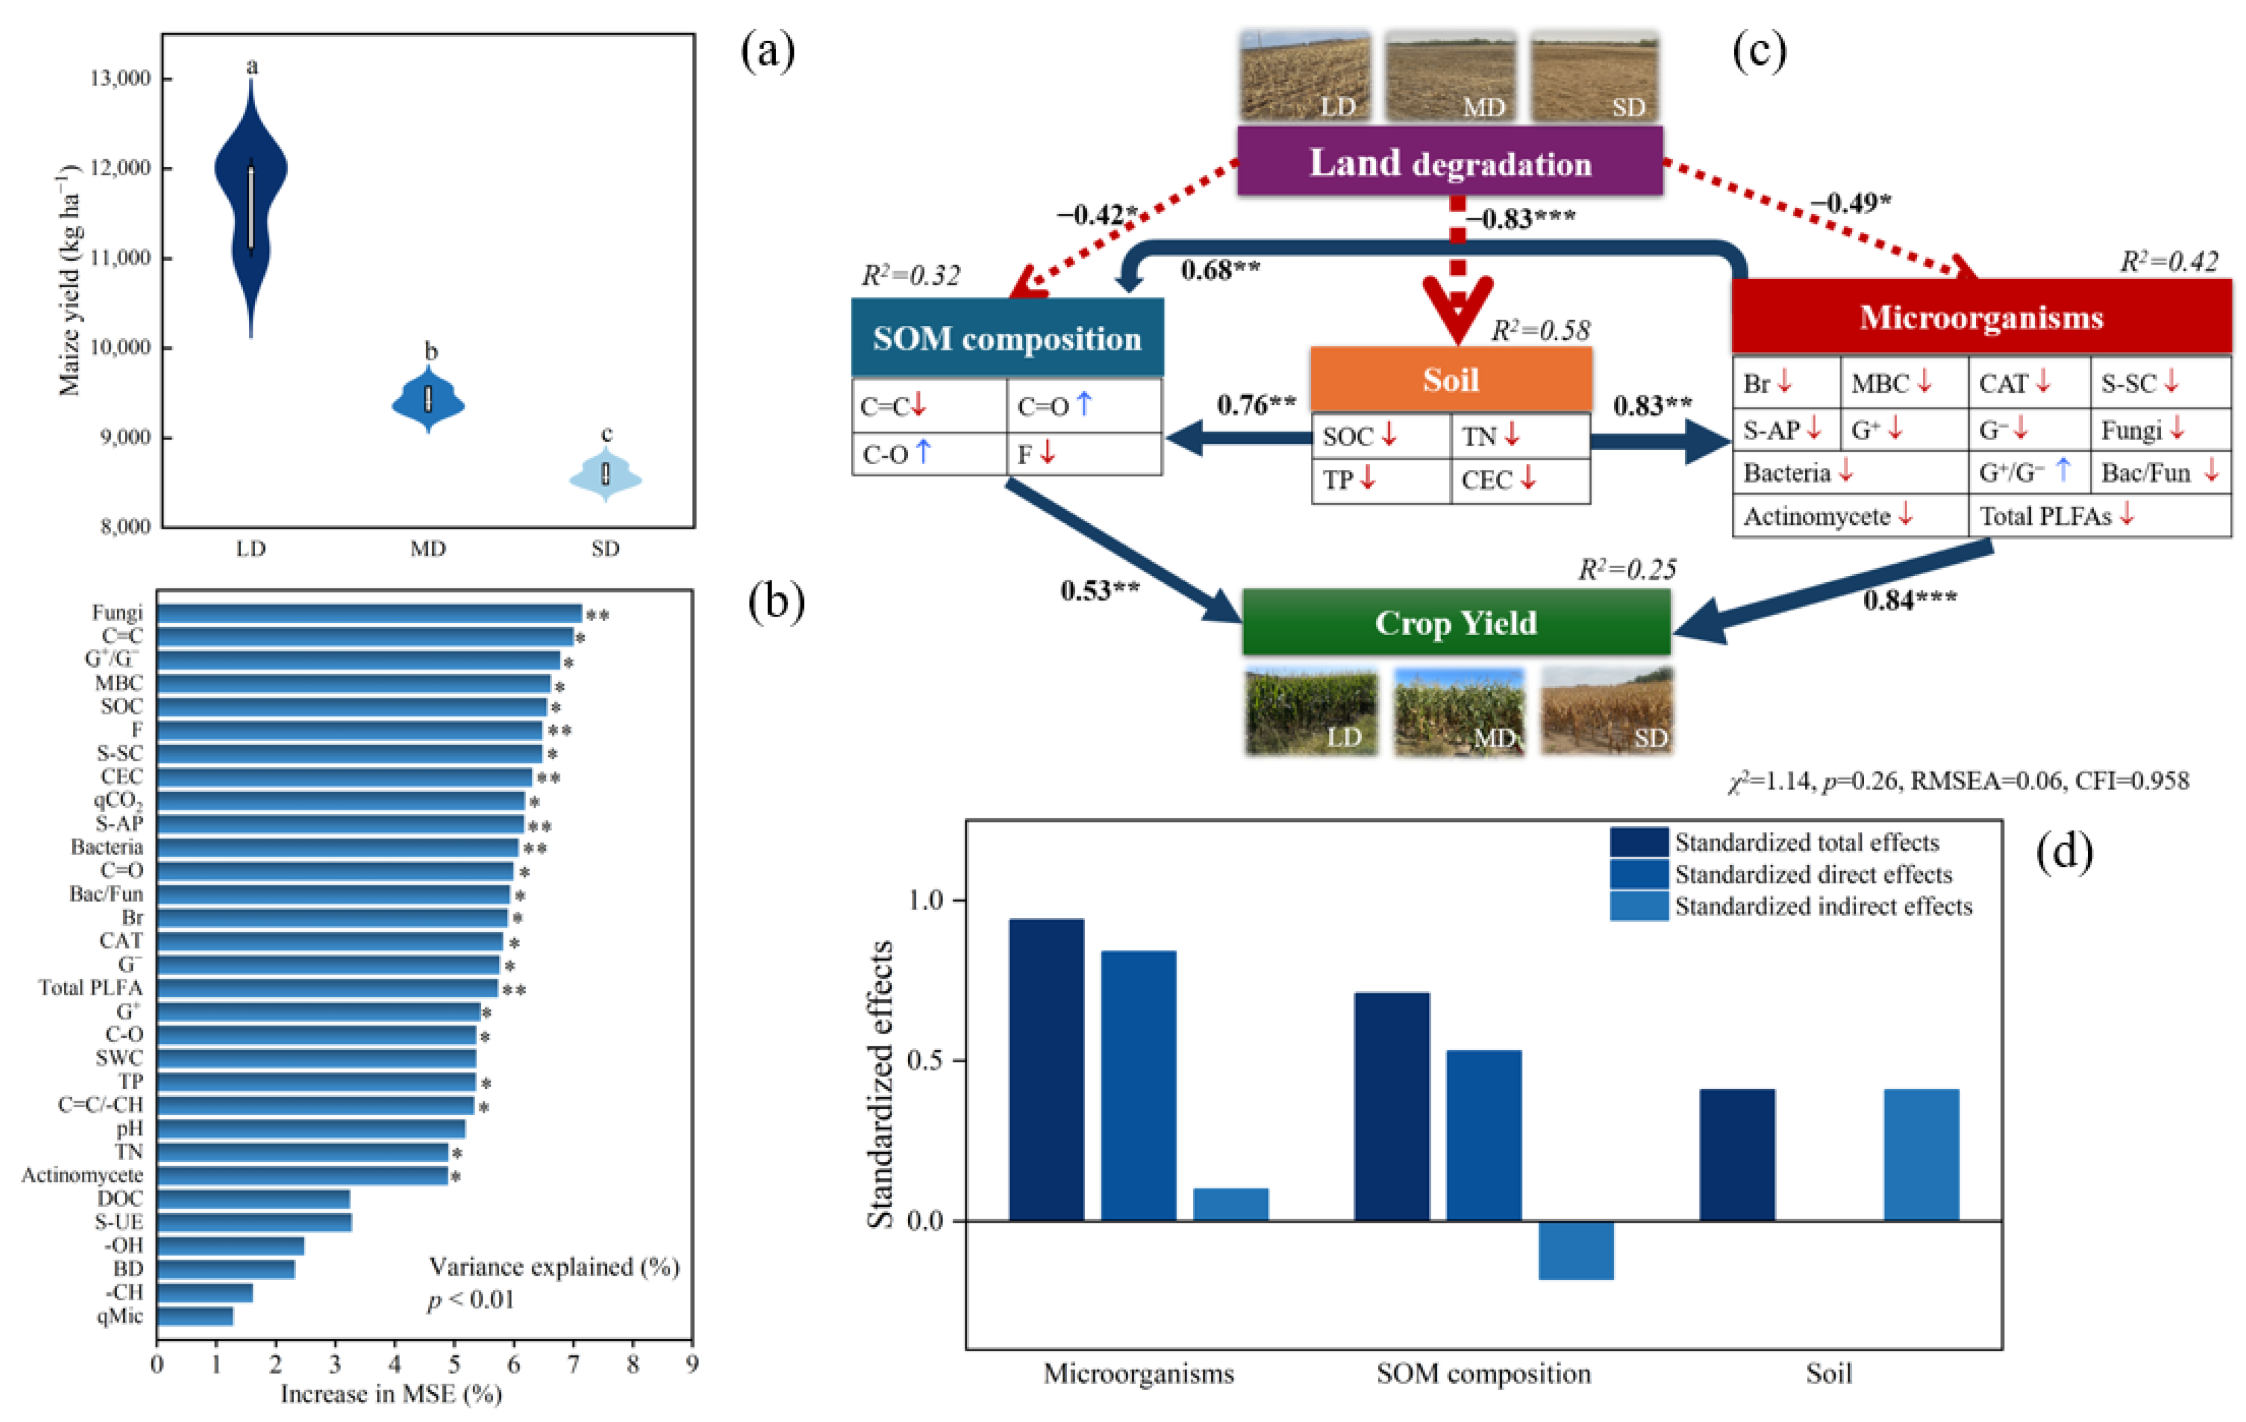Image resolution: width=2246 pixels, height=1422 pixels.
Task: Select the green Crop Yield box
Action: pyautogui.click(x=1455, y=623)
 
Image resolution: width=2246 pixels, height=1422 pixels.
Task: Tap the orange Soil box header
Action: pyautogui.click(x=1450, y=379)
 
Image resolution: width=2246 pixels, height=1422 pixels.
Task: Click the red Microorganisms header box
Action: pyautogui.click(x=1981, y=317)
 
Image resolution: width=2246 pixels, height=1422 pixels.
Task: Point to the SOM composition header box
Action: pyautogui.click(x=1006, y=338)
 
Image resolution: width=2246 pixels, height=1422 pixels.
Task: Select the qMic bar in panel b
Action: pyautogui.click(x=194, y=1316)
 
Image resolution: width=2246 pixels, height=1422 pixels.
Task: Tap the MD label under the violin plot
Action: pyautogui.click(x=428, y=548)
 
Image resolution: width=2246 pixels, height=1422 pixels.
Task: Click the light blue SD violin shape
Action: pyautogui.click(x=606, y=476)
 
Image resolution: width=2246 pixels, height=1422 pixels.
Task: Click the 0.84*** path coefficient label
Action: pyautogui.click(x=1909, y=599)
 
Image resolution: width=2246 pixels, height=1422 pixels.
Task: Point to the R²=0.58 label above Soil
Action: pyautogui.click(x=1540, y=330)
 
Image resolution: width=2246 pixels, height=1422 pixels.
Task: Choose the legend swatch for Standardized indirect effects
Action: pyautogui.click(x=1638, y=906)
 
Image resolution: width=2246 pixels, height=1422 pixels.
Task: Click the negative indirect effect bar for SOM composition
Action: pyautogui.click(x=1575, y=1249)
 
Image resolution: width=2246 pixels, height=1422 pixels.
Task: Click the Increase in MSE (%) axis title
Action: pyautogui.click(x=391, y=1394)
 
